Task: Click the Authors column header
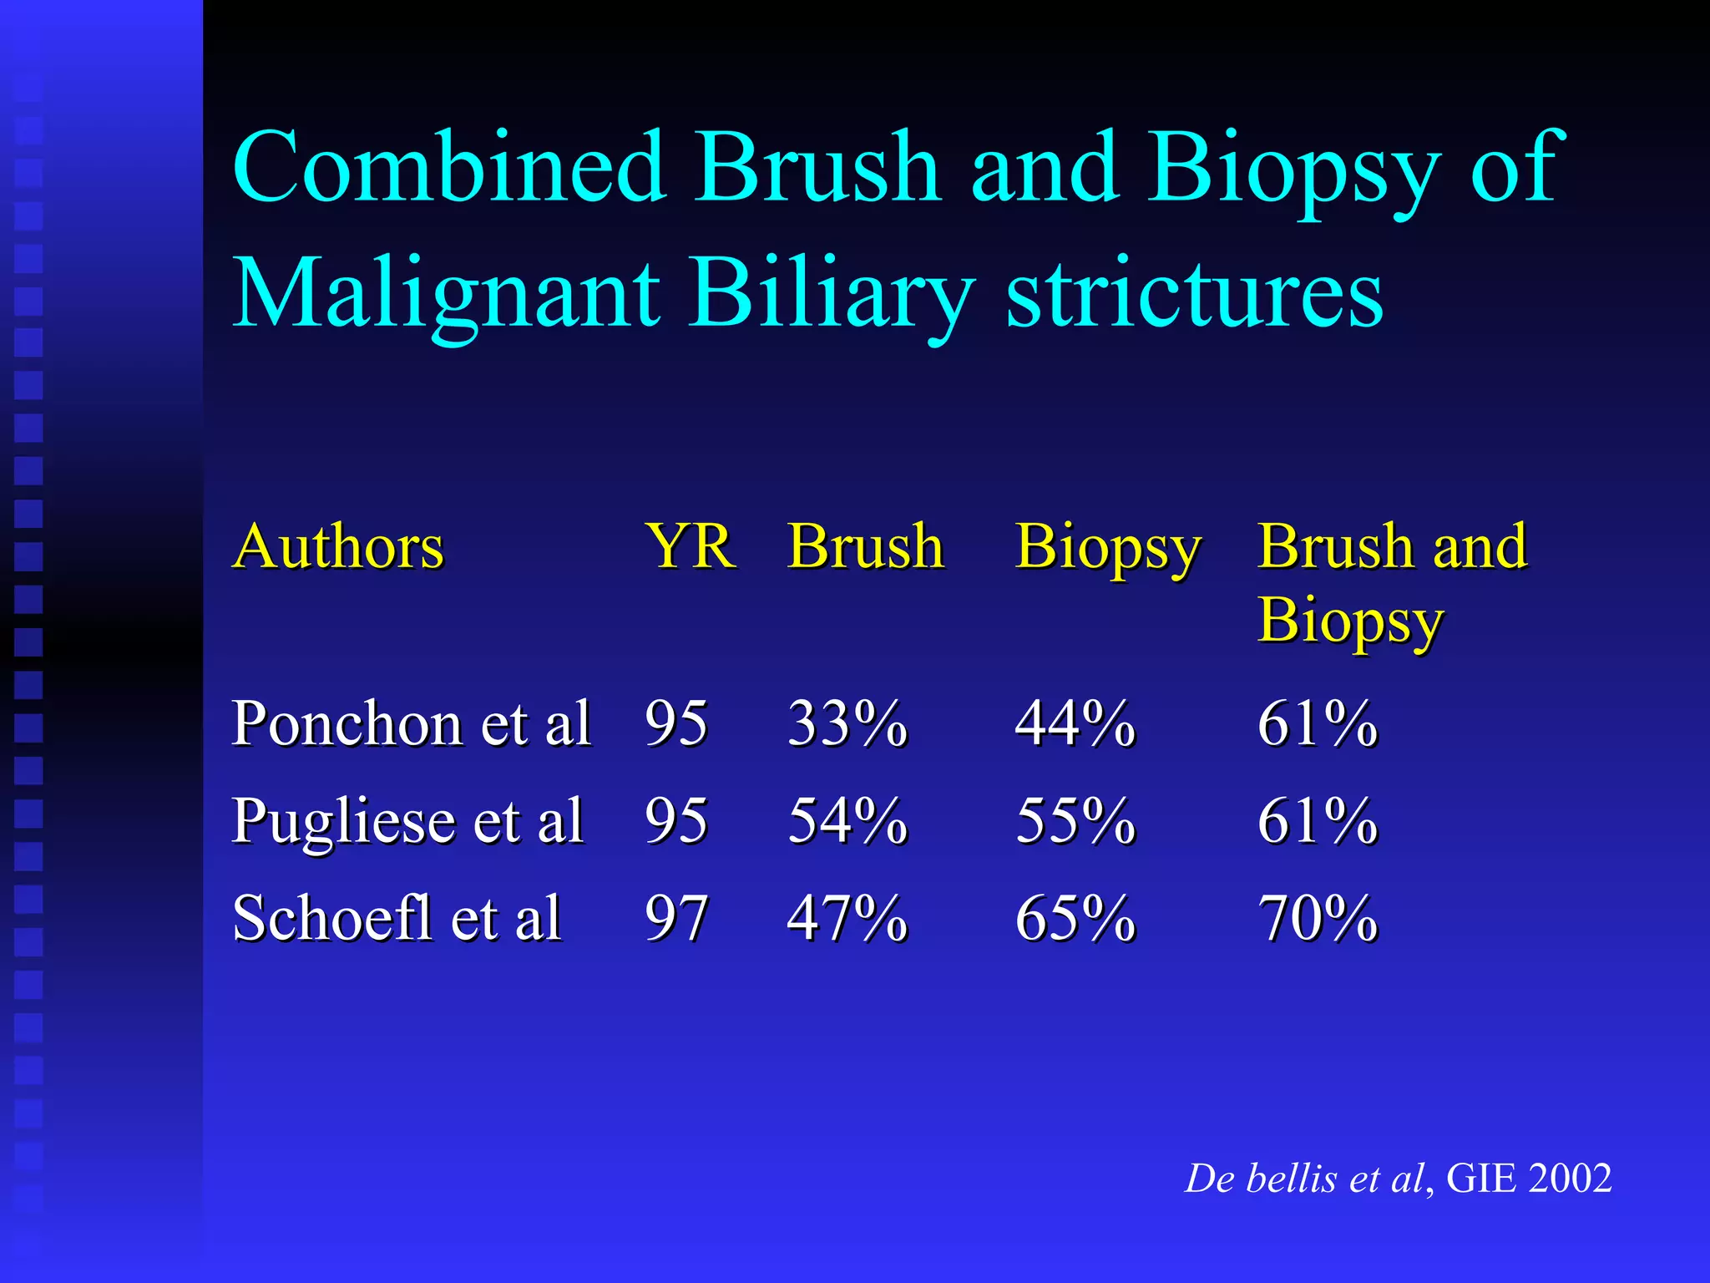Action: pos(338,547)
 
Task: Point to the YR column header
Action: pos(690,547)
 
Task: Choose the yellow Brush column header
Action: pos(865,547)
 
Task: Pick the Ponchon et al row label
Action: pos(412,723)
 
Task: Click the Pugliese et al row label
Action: pos(407,821)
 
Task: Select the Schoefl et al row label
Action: pos(397,918)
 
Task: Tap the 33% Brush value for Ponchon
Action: pos(847,723)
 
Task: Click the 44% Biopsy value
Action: pos(1075,723)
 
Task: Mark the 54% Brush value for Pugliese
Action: pos(847,821)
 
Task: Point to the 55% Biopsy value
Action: pos(1075,821)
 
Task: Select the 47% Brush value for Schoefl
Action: pos(847,918)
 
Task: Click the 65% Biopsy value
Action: pos(1075,918)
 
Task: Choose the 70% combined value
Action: pos(1318,918)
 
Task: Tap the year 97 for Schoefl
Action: pos(676,918)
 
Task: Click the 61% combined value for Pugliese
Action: pos(1318,821)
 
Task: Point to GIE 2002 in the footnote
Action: pos(1529,1179)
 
